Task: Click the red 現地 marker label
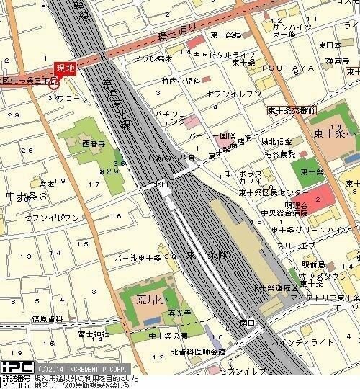pos(65,68)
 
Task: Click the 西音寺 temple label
pos(94,143)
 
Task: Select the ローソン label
pos(343,308)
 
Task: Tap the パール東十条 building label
pos(138,258)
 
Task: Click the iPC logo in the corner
pos(17,367)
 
